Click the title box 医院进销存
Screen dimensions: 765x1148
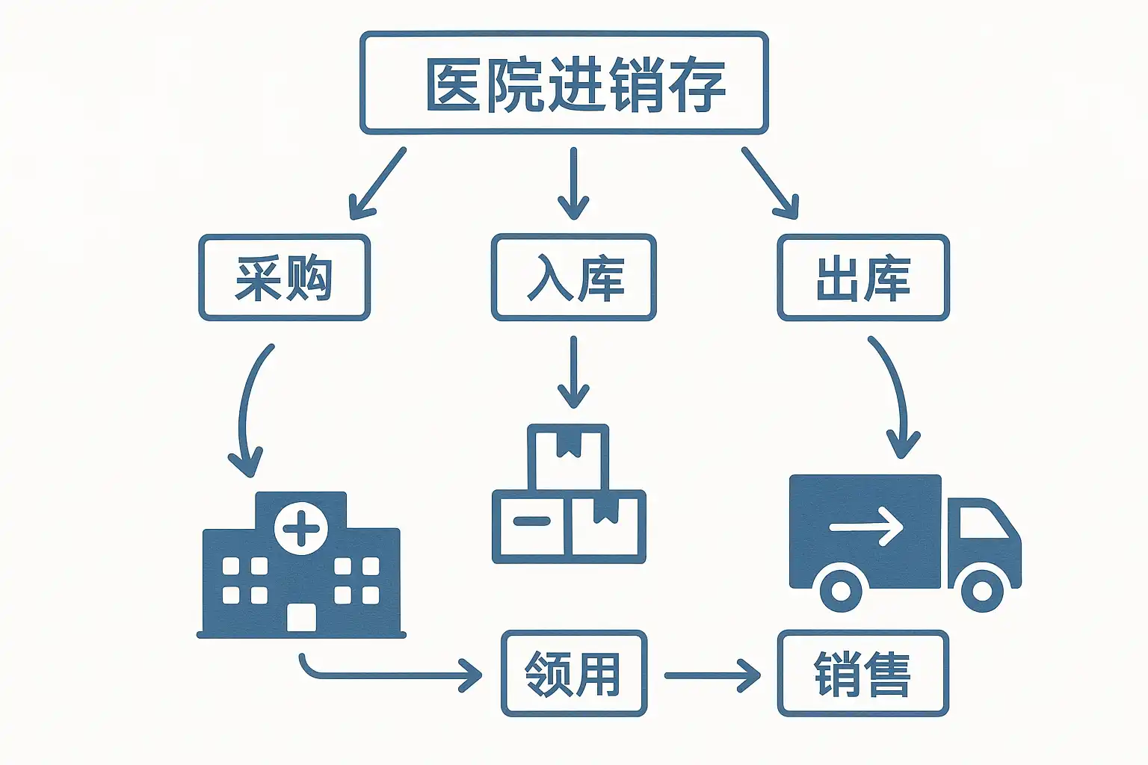coord(564,83)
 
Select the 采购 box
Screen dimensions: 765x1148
coord(284,278)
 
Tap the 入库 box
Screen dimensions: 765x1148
coord(573,278)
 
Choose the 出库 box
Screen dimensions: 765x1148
coord(863,278)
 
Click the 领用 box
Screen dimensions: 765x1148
coord(573,674)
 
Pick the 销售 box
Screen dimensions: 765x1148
coord(863,674)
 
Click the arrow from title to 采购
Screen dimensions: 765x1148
coord(377,183)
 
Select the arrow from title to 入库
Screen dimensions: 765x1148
coord(573,183)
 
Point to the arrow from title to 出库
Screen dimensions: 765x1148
coord(770,183)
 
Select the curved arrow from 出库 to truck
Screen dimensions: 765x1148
coord(893,396)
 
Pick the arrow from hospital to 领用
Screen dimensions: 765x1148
coord(389,675)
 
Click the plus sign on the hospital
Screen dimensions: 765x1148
coord(301,530)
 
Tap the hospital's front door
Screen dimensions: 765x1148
coord(301,618)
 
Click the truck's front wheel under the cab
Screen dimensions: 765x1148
coord(981,591)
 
